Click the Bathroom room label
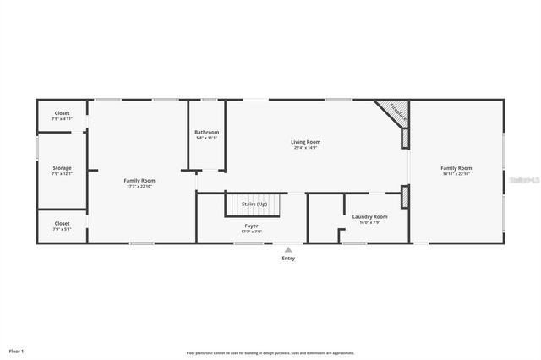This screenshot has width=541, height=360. coord(206,132)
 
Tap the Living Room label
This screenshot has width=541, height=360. coord(306,142)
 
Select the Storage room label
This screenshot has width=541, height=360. coord(62,168)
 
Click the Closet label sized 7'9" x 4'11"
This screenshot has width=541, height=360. coord(62,113)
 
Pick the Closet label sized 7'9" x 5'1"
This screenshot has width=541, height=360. coord(62,224)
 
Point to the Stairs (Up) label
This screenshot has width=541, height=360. coord(254,204)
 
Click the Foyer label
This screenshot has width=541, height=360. coord(252,226)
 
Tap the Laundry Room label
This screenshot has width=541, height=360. coord(370,217)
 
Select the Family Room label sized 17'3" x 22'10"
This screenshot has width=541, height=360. coord(139,180)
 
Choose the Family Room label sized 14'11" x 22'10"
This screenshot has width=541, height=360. coord(456,168)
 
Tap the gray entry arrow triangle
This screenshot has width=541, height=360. coord(288,249)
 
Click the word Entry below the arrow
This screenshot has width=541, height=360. coord(288,259)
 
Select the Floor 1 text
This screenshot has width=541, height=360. coord(17,350)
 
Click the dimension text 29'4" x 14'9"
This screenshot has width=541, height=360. coord(306,148)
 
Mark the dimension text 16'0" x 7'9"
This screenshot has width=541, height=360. coord(370,223)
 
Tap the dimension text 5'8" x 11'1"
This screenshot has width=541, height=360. coord(206,138)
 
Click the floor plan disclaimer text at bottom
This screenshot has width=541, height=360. coord(270,352)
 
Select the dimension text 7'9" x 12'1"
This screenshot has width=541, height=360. coord(62,174)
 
